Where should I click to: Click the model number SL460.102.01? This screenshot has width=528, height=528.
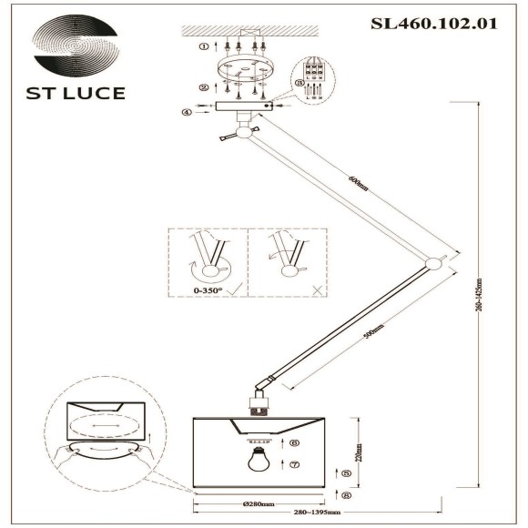click(434, 25)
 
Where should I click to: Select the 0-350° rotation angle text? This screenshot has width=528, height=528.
click(206, 290)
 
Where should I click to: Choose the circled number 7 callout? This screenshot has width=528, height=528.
click(295, 464)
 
